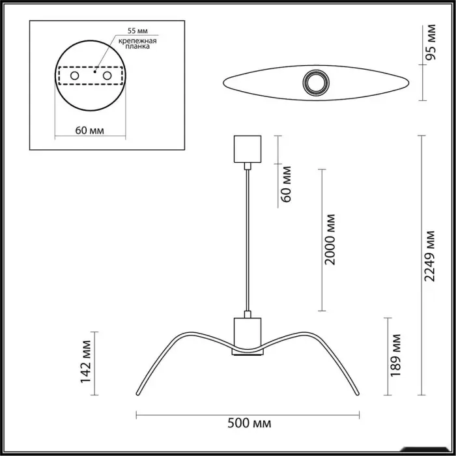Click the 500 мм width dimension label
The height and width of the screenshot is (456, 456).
pos(249,423)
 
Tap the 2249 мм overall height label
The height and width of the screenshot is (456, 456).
pos(429,256)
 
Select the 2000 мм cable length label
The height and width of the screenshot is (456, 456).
pos(330,240)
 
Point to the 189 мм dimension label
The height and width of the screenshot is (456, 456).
pos(395,356)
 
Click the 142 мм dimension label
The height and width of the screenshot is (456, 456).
pos(86,362)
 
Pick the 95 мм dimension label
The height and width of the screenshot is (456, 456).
pos(431,42)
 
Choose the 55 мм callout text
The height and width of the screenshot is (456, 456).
pos(137,31)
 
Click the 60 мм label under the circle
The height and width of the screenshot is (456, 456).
pos(90,130)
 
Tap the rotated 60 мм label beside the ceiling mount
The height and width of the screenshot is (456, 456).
pos(285,184)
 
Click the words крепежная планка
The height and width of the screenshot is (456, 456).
pos(137,44)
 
